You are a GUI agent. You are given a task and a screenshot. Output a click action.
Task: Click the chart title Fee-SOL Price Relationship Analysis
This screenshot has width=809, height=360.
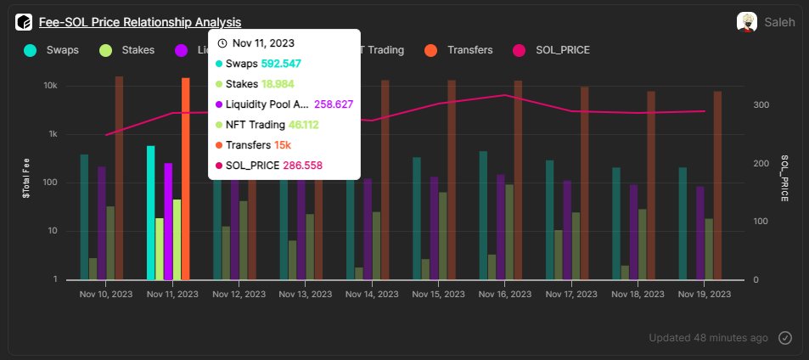coord(139,22)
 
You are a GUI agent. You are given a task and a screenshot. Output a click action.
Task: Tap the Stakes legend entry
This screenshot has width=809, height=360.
coord(127,50)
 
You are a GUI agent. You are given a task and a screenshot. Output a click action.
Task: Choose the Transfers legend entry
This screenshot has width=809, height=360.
coord(458,50)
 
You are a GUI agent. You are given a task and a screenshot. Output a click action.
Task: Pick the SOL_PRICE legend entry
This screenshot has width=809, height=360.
coord(552,50)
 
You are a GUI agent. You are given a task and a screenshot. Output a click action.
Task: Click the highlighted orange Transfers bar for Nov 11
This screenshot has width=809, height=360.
coord(186,178)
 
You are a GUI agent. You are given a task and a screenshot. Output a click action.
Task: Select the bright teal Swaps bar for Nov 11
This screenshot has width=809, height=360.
coord(151,212)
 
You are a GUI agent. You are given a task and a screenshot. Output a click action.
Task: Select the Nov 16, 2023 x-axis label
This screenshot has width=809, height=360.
coord(506,294)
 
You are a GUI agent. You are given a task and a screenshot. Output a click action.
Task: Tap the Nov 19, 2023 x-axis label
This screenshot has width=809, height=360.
coord(705,294)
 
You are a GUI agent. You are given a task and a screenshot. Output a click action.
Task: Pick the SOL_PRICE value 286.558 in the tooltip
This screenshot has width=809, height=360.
coord(302,166)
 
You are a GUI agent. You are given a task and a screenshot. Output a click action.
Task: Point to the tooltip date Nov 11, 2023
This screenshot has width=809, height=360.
coord(262,43)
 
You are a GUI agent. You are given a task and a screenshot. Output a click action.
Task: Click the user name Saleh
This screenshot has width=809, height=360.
coord(779,23)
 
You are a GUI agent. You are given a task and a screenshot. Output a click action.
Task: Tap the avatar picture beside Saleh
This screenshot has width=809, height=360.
coord(747,22)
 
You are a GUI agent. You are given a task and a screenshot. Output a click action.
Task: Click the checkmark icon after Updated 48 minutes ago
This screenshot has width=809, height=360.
coord(785,338)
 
